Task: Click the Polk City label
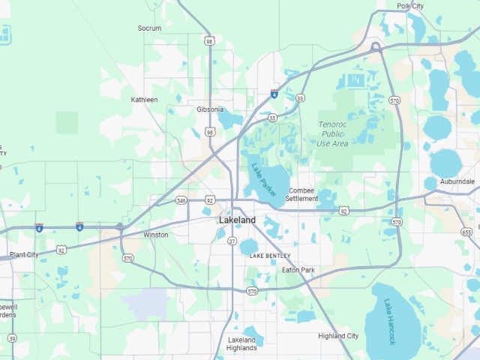point(410,6)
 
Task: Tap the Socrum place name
point(149,28)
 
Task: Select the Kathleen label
point(145,100)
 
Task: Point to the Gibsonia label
point(210,109)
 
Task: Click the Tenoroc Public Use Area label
point(332,133)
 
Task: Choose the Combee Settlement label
point(302,195)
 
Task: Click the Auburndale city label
point(457,182)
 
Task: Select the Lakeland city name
point(237,220)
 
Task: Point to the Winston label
point(156,235)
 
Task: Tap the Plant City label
point(24,255)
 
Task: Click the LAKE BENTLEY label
point(270,256)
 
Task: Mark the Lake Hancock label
point(390,322)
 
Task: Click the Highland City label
point(338,336)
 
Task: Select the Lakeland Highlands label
point(242,343)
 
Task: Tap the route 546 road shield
point(181,200)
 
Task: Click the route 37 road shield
point(232,241)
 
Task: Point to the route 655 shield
point(466,232)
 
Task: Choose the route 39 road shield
point(12,338)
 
